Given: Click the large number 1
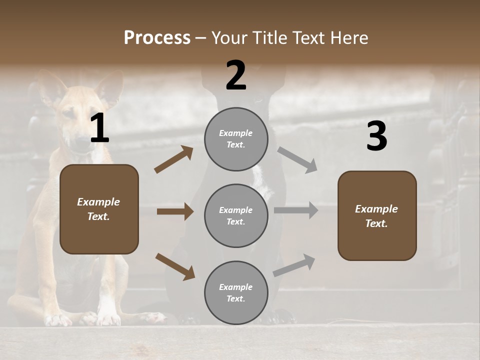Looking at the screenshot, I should click(99, 129).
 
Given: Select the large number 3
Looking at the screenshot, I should click(376, 137).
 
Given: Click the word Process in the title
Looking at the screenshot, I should click(157, 37).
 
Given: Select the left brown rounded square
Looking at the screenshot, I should click(99, 209).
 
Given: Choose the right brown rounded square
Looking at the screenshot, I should click(377, 215).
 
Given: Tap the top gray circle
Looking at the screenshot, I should click(236, 139).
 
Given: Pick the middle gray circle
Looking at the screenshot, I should click(236, 215).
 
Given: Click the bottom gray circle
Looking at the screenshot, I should click(236, 292).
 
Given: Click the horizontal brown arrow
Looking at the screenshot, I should click(175, 211).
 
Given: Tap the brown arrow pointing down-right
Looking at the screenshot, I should click(175, 266).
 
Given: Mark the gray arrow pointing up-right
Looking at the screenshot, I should click(294, 265).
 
